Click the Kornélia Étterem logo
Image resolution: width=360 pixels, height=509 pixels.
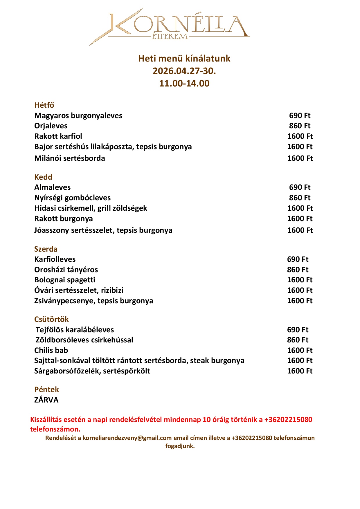pyautogui.click(x=170, y=26)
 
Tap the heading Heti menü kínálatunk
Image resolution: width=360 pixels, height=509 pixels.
pyautogui.click(x=184, y=59)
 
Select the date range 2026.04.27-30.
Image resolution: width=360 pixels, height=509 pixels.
pyautogui.click(x=184, y=71)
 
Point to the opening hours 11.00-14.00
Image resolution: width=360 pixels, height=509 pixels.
pyautogui.click(x=184, y=84)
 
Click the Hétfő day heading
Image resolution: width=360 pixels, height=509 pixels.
pyautogui.click(x=44, y=105)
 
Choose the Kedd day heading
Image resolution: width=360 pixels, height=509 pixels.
pyautogui.click(x=43, y=177)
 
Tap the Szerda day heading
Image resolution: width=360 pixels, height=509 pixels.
pyautogui.click(x=46, y=249)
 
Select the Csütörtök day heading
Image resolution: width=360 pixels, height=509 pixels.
pyautogui.click(x=51, y=319)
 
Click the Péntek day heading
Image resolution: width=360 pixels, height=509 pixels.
pyautogui.click(x=46, y=389)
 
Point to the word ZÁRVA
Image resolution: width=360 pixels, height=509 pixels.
pyautogui.click(x=46, y=400)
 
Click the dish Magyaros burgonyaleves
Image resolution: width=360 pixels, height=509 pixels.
pyautogui.click(x=78, y=115)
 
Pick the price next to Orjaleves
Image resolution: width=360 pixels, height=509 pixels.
pyautogui.click(x=300, y=126)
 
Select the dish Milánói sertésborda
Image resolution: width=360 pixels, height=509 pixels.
pyautogui.click(x=70, y=158)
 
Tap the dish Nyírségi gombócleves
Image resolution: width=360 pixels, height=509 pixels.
pyautogui.click(x=72, y=198)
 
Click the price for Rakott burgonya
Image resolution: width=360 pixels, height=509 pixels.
pyautogui.click(x=300, y=219)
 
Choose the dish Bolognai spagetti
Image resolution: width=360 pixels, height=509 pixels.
pyautogui.click(x=65, y=280)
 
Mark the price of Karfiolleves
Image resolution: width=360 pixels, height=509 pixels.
pyautogui.click(x=298, y=259)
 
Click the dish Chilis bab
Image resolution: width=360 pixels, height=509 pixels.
pyautogui.click(x=51, y=350)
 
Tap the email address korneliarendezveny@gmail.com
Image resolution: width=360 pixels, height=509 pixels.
pyautogui.click(x=127, y=438)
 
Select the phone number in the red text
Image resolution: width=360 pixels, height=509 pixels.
pyautogui.click(x=288, y=420)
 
